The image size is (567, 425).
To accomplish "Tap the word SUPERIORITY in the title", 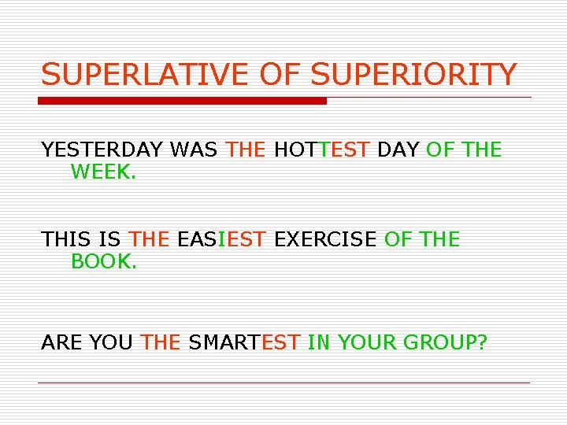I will [x=413, y=75].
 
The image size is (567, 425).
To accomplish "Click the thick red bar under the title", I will [x=183, y=101].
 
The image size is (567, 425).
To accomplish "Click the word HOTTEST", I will [x=321, y=150].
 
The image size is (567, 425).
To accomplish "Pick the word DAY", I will [x=398, y=150].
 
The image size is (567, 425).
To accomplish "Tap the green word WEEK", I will [x=102, y=172].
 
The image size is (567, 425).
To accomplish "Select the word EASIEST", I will [x=221, y=238].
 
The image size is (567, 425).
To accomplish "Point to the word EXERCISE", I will [x=324, y=238].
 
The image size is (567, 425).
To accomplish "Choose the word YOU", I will [x=111, y=342].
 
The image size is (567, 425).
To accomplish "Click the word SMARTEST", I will [x=244, y=342].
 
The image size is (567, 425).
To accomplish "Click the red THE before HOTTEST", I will [x=246, y=150].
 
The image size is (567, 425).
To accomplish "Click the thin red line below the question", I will [x=283, y=382].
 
